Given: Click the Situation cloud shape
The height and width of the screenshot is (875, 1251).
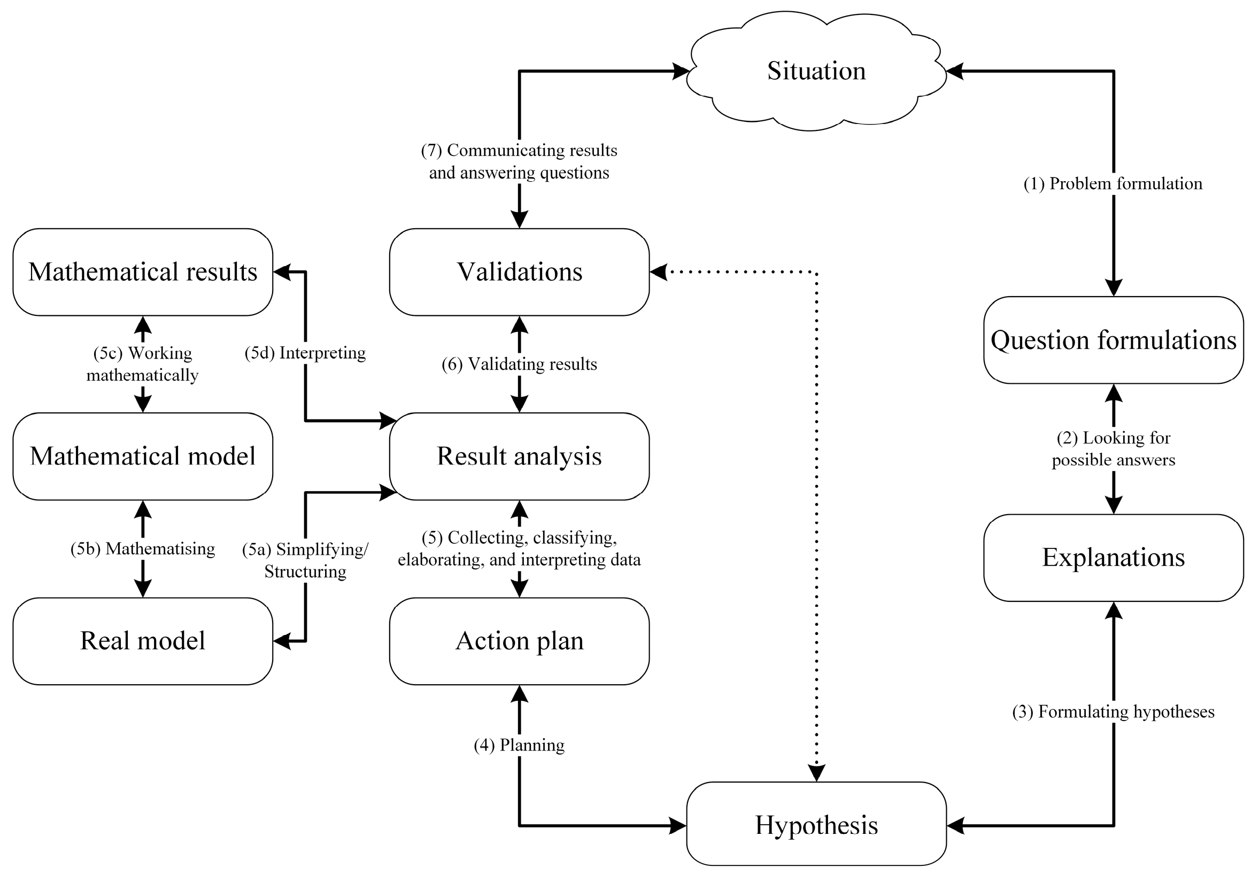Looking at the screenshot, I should point(816,71).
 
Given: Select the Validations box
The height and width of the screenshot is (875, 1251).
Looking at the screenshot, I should point(519,272).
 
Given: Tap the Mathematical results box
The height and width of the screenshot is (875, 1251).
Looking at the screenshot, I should point(143,272).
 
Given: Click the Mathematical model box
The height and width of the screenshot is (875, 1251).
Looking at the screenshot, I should point(143,456).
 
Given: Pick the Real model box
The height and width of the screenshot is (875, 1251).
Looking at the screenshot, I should point(143,641).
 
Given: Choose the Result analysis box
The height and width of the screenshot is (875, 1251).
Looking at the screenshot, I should point(519,456).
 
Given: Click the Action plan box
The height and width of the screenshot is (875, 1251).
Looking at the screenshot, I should point(519,641).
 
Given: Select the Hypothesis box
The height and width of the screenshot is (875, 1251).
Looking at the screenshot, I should point(816,825).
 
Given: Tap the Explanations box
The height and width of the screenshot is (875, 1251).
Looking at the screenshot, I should point(1113,557).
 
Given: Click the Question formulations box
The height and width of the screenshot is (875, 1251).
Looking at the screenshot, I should point(1113,340).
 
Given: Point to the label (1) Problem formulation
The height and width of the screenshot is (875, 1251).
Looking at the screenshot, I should point(1113,184).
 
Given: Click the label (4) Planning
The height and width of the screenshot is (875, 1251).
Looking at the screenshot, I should point(519,745).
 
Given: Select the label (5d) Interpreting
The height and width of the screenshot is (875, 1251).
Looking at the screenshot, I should point(305,353).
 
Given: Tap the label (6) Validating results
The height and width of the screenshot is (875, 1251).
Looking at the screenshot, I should point(519,364).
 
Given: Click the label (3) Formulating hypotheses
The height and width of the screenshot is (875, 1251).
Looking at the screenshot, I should point(1113,711).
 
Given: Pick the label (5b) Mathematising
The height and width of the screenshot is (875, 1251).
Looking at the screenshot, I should point(143,548).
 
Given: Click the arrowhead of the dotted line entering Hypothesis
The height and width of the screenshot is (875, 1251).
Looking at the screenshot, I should point(816,772).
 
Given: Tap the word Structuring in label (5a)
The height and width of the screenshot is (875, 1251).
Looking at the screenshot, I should point(305,571).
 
